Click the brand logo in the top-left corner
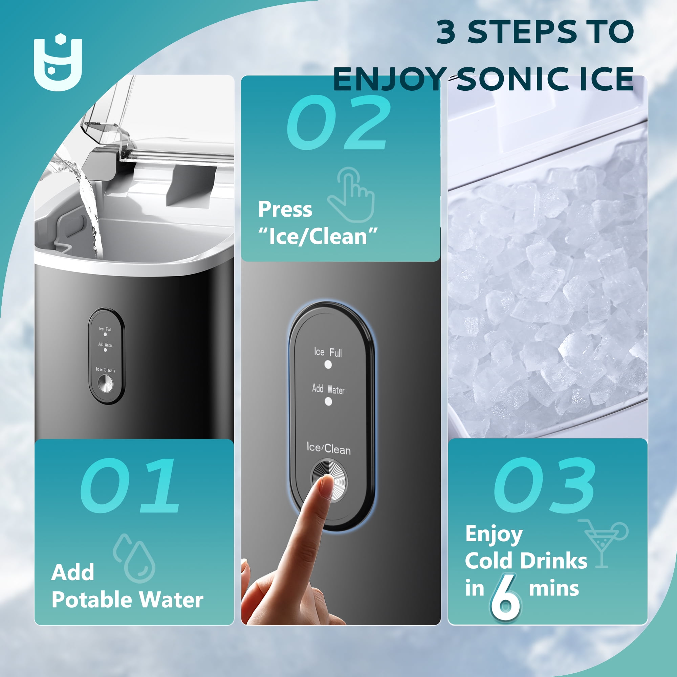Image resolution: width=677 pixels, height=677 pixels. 58,62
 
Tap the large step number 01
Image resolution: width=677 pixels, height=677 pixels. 130,485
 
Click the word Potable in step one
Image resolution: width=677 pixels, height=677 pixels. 92,599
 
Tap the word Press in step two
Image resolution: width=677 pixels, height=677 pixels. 285,209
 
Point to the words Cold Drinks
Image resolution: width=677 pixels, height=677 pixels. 526,561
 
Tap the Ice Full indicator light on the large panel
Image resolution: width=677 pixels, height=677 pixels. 328,365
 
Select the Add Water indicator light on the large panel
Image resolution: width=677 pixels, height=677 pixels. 328,401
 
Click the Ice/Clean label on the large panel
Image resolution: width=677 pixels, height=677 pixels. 329,449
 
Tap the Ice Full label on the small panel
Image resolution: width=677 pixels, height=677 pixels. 105,329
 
